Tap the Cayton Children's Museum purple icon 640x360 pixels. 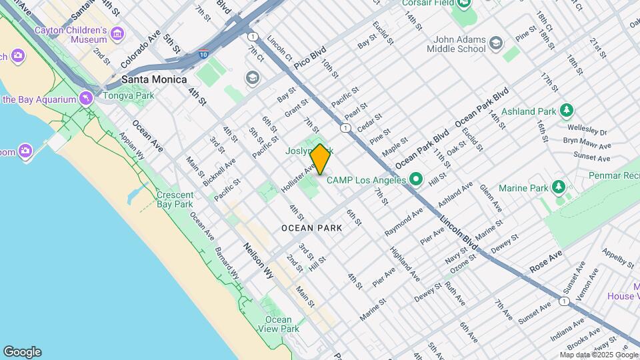(x=118, y=33)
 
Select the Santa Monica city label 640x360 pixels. (x=154, y=79)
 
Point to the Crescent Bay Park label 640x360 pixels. (x=174, y=199)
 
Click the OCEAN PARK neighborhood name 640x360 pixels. (x=311, y=228)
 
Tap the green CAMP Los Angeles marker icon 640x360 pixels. (x=417, y=179)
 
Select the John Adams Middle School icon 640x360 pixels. (x=495, y=44)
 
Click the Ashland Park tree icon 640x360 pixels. (x=566, y=109)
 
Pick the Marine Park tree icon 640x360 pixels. (x=559, y=187)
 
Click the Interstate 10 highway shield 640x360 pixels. (x=203, y=52)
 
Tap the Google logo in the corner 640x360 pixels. (x=22, y=352)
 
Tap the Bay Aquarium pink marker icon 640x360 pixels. (x=85, y=99)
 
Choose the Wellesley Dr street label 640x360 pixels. (x=586, y=129)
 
